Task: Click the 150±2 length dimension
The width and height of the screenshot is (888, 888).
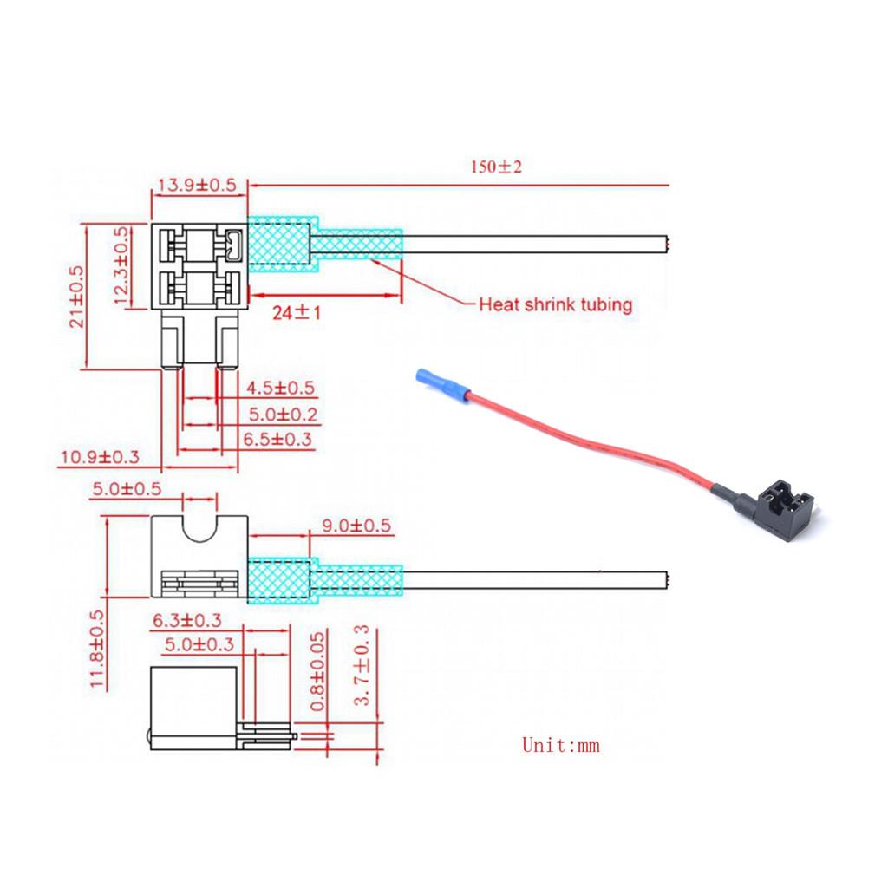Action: pyautogui.click(x=496, y=166)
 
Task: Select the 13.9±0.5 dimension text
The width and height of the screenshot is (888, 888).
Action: pyautogui.click(x=196, y=184)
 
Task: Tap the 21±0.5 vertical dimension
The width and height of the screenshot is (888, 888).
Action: pyautogui.click(x=76, y=296)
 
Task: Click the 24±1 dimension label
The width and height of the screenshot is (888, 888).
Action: pyautogui.click(x=297, y=312)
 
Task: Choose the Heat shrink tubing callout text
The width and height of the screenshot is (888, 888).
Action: pyautogui.click(x=556, y=304)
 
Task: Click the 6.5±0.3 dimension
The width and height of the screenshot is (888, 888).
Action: pyautogui.click(x=278, y=441)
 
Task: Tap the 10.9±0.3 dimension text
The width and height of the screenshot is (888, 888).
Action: pyautogui.click(x=99, y=457)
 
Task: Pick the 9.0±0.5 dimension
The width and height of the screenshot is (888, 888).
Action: pyautogui.click(x=356, y=525)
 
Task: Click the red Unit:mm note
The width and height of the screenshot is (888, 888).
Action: pyautogui.click(x=560, y=744)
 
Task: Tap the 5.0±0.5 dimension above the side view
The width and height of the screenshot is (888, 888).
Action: pyautogui.click(x=127, y=488)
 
